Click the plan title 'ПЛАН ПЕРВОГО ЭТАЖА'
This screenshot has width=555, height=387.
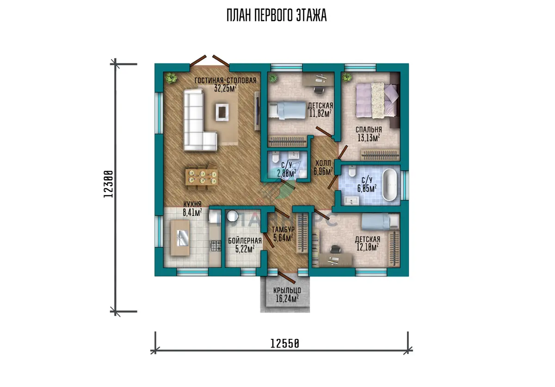coord(277,15)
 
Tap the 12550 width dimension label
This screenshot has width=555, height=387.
coord(285,343)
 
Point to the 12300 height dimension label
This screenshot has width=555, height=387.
coord(108,184)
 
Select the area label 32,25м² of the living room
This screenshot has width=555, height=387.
coord(225,88)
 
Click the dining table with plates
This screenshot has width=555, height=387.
coord(202,177)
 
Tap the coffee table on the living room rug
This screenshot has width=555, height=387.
coord(222,112)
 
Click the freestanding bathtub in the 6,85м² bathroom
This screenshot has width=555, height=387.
coord(390,185)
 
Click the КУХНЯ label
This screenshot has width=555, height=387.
coord(192,204)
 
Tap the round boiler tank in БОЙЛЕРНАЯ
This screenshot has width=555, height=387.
coord(232,216)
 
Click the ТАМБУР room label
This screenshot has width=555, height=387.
coord(283,229)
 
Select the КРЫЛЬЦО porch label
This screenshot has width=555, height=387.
coord(287,290)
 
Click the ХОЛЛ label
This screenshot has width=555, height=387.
coord(323,163)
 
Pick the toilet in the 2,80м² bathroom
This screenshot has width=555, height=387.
coord(275,157)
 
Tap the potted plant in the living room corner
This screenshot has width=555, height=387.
coord(171,78)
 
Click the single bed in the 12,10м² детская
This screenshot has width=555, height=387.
coord(380,222)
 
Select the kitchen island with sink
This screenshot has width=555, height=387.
coord(180,238)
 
